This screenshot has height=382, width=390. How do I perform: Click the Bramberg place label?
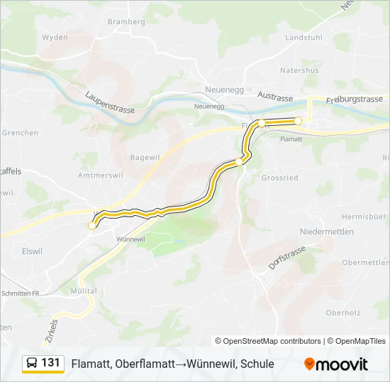coord(126,21)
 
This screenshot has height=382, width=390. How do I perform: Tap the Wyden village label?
coord(55,37)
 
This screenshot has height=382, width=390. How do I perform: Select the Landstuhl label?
coord(303,37)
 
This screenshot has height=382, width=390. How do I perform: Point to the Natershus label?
coord(299,70)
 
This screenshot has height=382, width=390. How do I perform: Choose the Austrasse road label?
coord(276,95)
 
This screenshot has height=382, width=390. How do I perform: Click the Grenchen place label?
coord(20,132)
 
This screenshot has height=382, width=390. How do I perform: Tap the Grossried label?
coord(280,178)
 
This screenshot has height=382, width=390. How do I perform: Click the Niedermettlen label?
coord(326,232)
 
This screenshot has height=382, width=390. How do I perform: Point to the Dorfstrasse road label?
coord(286,258)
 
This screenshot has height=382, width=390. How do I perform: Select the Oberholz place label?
coord(343,312)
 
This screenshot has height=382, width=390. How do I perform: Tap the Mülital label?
coord(84,291)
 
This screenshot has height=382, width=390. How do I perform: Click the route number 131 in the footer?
coord(50,363)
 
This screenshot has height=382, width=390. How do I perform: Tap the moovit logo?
coord(336,364)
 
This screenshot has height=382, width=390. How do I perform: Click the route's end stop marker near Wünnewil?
coord(91,226)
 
